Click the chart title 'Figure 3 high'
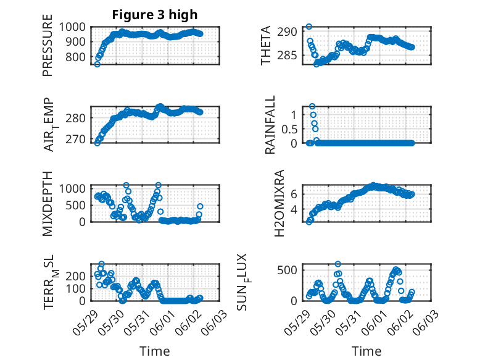[x=155, y=15]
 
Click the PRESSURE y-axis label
[x=48, y=45]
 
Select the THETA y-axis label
[x=266, y=45]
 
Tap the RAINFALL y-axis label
[x=270, y=125]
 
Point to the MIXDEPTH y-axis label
[x=48, y=204]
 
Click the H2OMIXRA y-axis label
[x=279, y=203]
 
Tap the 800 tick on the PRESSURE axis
[x=75, y=57]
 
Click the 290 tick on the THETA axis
[x=287, y=31]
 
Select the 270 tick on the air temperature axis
[x=75, y=139]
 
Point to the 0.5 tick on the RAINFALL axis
[x=289, y=129]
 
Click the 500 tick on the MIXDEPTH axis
[x=75, y=205]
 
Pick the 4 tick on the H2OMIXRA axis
[x=294, y=209]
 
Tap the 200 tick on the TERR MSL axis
[x=75, y=276]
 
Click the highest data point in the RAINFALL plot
[x=312, y=106]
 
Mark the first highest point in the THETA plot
[x=309, y=27]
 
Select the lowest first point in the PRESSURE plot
[x=97, y=64]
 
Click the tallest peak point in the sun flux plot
[x=337, y=264]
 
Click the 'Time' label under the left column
[x=155, y=351]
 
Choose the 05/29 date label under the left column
[x=86, y=323]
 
